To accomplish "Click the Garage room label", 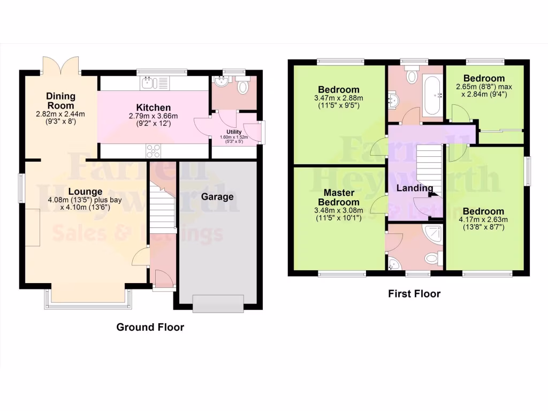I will (x=217, y=196).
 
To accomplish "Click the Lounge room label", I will (x=85, y=191).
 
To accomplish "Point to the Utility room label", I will (x=234, y=132).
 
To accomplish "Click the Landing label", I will (x=415, y=188).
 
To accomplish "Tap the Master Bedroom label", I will (x=339, y=197).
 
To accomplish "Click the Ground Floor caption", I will (x=150, y=327).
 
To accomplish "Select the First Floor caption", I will (x=414, y=293).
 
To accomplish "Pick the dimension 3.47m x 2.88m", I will (x=339, y=98).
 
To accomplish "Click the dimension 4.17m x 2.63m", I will (x=483, y=219).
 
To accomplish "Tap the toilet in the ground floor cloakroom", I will (x=243, y=87).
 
